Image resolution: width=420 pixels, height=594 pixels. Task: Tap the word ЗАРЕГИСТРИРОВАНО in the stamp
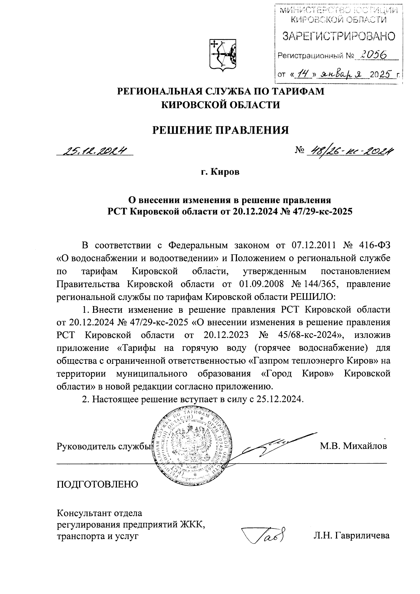[x=338, y=36]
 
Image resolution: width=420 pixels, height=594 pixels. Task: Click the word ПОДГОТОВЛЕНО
[x=97, y=484]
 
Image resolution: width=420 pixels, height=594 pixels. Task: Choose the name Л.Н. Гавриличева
[x=351, y=536]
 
